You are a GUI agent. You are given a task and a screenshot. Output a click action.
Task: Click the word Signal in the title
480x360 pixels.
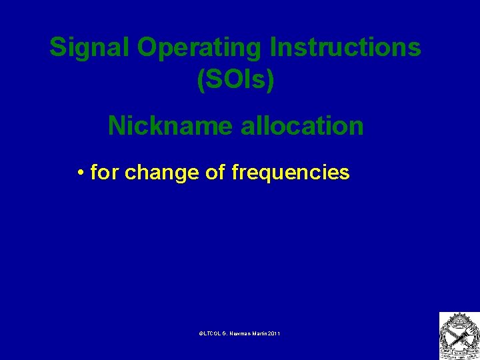coord(90,47)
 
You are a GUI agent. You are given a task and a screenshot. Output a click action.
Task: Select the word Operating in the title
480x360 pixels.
coord(201,47)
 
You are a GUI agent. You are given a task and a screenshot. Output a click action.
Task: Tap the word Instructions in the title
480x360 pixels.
coord(346,47)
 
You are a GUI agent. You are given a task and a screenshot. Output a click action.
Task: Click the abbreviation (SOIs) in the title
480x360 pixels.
coord(235,79)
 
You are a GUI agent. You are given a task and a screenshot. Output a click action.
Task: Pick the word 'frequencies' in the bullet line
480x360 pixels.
coord(290,173)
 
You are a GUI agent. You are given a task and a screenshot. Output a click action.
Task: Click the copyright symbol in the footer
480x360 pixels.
coord(201,332)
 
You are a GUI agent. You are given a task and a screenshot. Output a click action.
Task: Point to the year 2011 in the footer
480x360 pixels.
coord(274,332)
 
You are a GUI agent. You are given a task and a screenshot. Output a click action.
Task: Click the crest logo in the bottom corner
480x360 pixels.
coord(459,335)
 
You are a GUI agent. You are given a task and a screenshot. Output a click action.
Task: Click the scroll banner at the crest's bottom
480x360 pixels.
coord(459,353)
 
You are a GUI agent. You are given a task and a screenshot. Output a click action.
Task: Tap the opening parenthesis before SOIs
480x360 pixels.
coord(201,79)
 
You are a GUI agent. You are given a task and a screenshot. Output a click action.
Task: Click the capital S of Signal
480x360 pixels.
coord(58,47)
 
